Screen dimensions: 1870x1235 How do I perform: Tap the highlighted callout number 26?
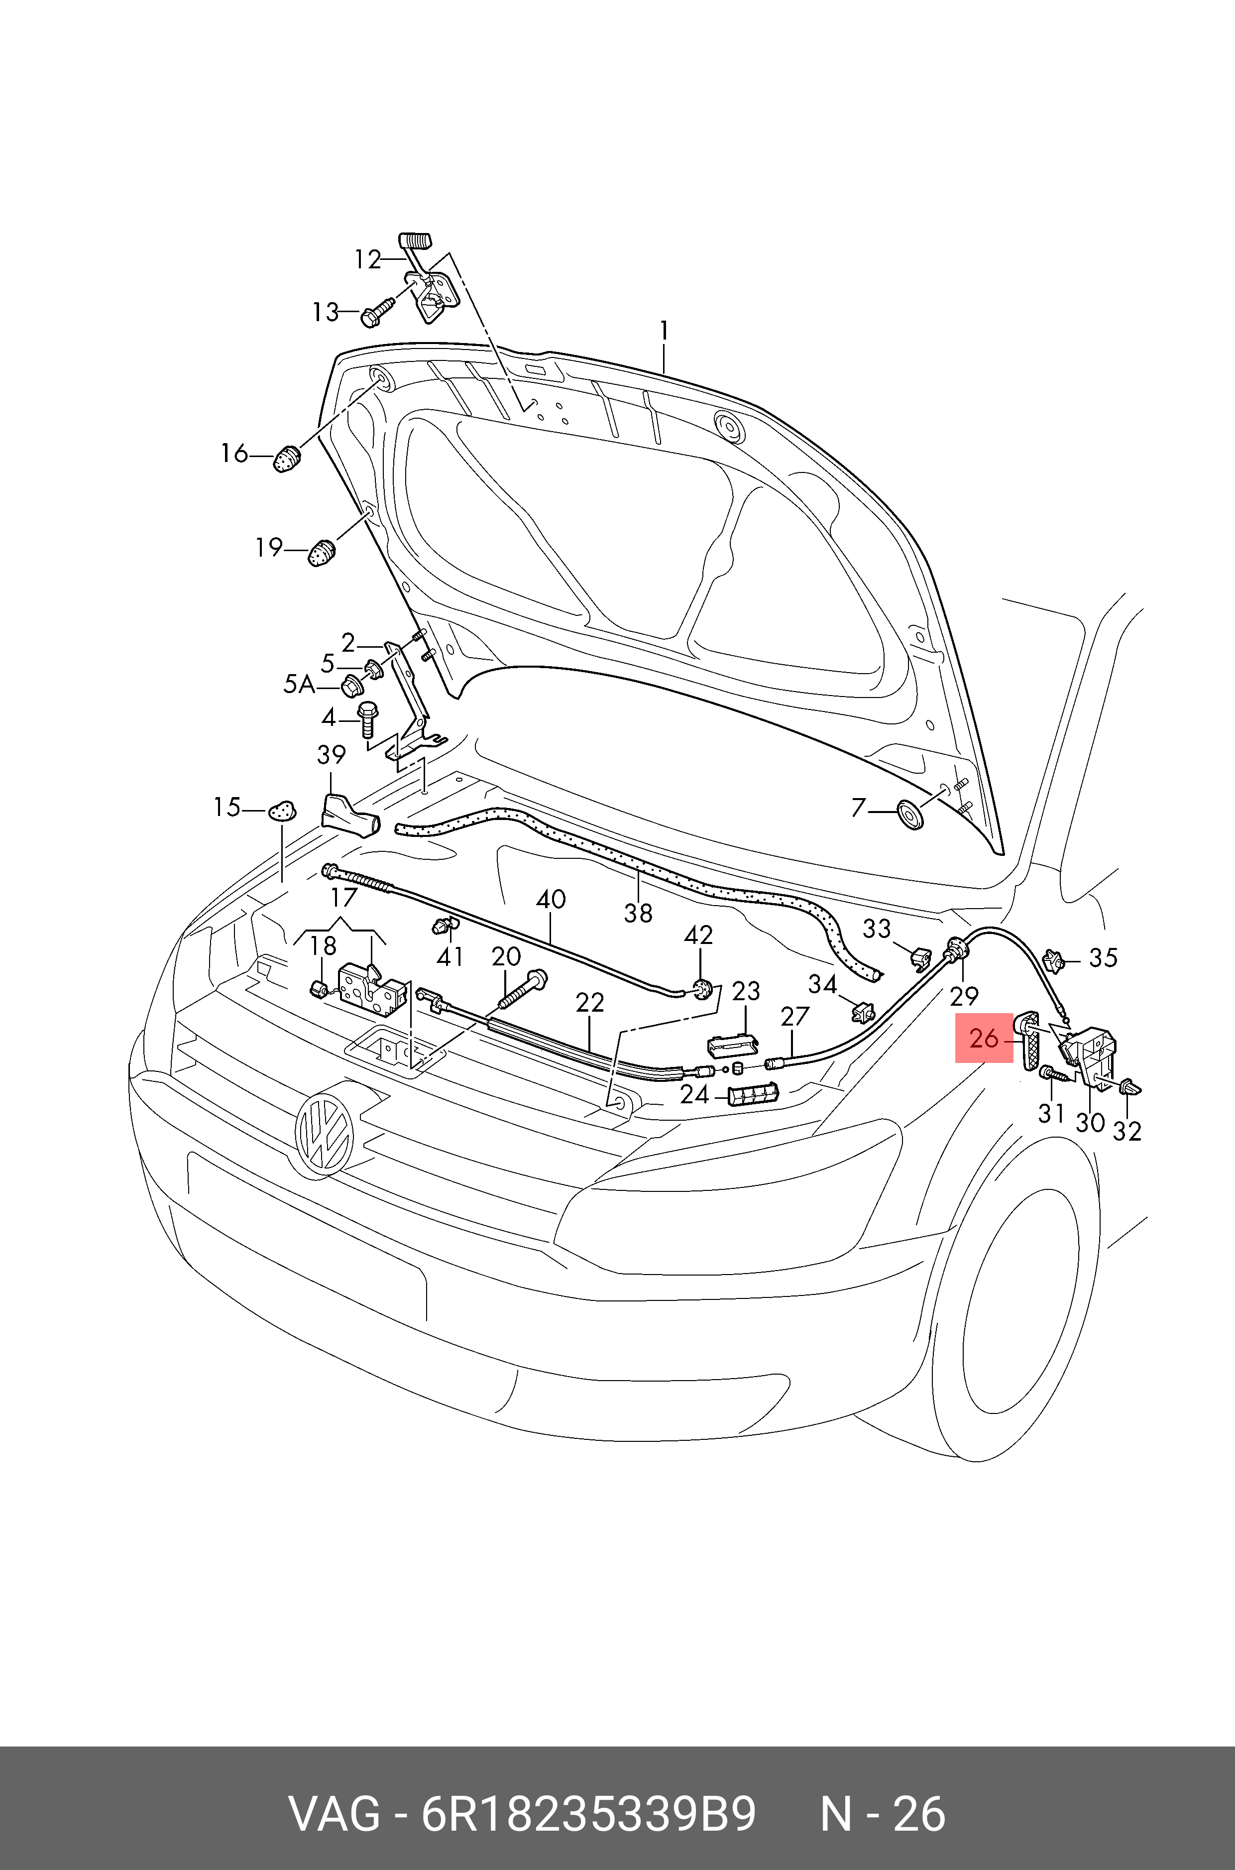[x=984, y=1038]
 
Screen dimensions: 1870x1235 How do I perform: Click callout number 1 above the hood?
[x=664, y=331]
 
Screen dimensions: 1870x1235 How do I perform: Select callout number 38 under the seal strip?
[x=638, y=913]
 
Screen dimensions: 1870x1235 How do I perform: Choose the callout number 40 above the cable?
[x=551, y=899]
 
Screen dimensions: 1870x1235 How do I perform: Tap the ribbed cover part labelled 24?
[x=754, y=1094]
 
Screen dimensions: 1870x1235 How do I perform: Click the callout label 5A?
[x=299, y=685]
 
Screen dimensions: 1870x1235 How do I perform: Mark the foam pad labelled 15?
[x=283, y=809]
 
